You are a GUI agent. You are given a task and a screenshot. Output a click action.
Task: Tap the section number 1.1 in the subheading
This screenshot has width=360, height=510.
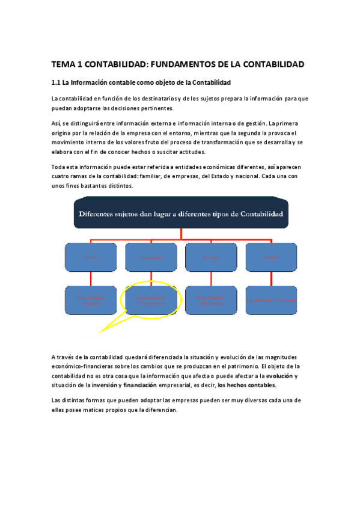tap(56, 82)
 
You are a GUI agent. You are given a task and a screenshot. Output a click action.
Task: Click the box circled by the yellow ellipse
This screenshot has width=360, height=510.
tap(151, 300)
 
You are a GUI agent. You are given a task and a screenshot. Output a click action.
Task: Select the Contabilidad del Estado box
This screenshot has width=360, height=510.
tap(211, 300)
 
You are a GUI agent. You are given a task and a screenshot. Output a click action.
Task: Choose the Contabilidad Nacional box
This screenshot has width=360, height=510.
tap(271, 300)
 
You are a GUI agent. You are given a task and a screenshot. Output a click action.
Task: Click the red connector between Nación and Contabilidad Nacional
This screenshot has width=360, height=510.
tap(271, 278)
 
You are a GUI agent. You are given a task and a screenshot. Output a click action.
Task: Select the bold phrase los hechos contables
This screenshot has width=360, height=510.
tap(246, 385)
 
